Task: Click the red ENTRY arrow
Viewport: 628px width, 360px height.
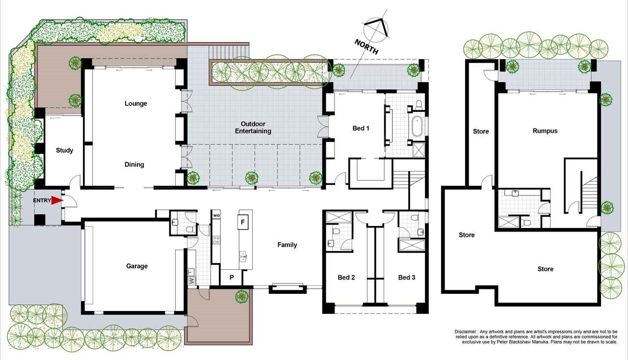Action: point(57,201)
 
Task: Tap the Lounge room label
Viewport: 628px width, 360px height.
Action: point(136,103)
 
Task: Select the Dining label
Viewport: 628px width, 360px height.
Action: point(134,164)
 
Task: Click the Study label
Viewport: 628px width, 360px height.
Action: point(64,150)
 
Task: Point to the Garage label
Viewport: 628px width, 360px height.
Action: point(137,266)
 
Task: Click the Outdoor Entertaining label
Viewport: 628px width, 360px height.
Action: point(253,128)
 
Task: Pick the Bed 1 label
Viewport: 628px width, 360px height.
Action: point(361,128)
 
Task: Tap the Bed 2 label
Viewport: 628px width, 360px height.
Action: point(346,277)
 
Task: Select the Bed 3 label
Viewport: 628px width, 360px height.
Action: point(407,277)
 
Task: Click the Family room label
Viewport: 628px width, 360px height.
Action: point(287,245)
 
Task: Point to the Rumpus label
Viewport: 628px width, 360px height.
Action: point(545,131)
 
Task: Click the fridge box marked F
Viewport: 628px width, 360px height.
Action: point(243,222)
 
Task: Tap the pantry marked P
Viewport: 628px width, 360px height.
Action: point(232,277)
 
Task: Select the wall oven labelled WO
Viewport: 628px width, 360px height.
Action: point(216,215)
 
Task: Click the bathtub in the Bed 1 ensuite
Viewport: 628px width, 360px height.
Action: point(418,127)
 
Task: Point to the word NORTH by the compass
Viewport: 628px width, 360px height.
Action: point(366,47)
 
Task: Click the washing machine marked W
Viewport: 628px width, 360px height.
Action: point(192,281)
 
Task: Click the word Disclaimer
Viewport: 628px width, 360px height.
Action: point(465,332)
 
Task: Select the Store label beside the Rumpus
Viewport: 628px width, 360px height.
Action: point(481,131)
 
